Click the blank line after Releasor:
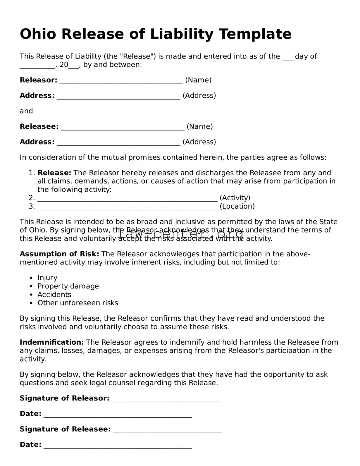(x=121, y=81)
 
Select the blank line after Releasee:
(x=123, y=127)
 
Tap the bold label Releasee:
(x=39, y=127)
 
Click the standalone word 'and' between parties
(x=26, y=111)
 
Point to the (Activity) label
(x=235, y=198)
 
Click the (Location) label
(x=237, y=207)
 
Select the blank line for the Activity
(x=128, y=199)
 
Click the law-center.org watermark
(x=180, y=234)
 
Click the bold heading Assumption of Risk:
(x=59, y=254)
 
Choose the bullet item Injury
(x=47, y=278)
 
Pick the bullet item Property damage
(x=68, y=286)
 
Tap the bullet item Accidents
(x=54, y=295)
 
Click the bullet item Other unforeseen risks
(x=78, y=303)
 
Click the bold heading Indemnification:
(x=52, y=342)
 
